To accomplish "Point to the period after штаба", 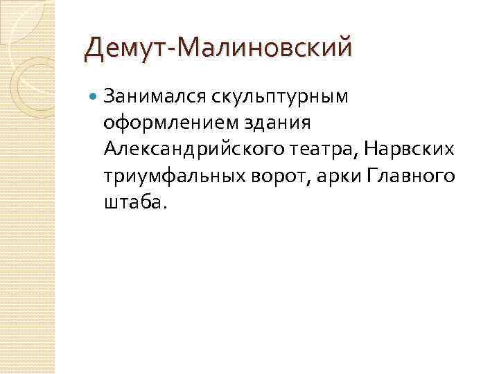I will coord(164,206).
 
